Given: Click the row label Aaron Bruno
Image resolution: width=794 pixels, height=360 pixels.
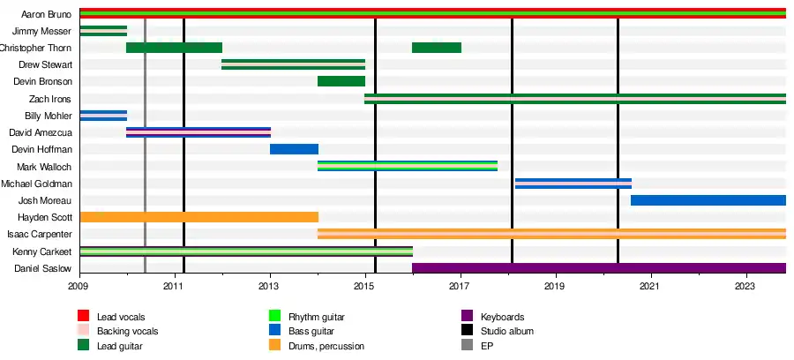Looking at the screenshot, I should (x=46, y=14).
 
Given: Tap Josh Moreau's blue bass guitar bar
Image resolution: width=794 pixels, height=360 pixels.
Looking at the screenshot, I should (x=708, y=200).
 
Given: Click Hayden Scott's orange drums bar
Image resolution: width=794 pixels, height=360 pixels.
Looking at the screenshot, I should (x=198, y=217).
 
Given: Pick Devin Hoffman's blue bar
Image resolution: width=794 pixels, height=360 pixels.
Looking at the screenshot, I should (x=294, y=149).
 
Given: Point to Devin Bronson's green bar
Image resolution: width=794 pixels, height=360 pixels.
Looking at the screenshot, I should (x=341, y=81).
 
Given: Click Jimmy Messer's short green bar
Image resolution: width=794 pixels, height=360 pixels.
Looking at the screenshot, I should (x=103, y=31).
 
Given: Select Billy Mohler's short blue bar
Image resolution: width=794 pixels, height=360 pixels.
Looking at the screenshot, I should (x=103, y=116).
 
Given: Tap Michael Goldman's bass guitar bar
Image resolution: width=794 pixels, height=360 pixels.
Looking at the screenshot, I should (x=573, y=184).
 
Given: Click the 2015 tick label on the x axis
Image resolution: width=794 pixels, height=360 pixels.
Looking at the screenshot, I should (x=364, y=287).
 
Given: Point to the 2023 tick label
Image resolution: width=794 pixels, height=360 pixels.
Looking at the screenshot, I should (x=745, y=287).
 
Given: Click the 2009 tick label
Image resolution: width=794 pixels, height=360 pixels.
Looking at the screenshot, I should (x=79, y=287).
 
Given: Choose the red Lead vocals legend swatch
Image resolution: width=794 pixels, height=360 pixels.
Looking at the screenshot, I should (x=85, y=316).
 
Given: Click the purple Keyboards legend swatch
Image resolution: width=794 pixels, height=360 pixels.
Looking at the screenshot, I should (x=467, y=316).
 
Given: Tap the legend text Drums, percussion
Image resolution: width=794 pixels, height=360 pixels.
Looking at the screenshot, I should (x=326, y=346).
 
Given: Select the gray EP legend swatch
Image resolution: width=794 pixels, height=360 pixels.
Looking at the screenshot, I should (x=467, y=346).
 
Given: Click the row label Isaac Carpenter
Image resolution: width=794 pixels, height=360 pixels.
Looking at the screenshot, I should (x=40, y=235).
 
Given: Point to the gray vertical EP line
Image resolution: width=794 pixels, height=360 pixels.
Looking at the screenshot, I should (x=145, y=176).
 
